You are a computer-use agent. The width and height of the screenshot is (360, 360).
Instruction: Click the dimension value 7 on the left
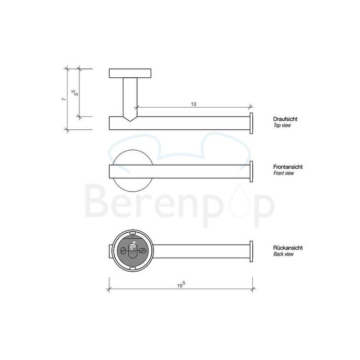tap(63, 99)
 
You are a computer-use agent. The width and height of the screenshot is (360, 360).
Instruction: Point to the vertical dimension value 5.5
tap(76, 92)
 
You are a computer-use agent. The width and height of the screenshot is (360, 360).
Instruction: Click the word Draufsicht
tap(285, 120)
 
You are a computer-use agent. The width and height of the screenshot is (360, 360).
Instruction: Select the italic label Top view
tap(282, 126)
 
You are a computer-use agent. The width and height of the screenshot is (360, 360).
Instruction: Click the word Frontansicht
tap(287, 167)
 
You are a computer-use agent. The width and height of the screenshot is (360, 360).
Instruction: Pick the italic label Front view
tap(283, 173)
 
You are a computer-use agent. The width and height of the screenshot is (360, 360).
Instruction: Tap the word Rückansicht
tap(287, 248)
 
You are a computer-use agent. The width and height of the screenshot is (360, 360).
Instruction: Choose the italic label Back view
tap(283, 254)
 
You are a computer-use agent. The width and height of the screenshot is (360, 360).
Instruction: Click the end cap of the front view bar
tap(252, 171)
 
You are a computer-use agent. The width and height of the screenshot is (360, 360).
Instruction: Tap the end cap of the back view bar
tap(252, 252)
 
